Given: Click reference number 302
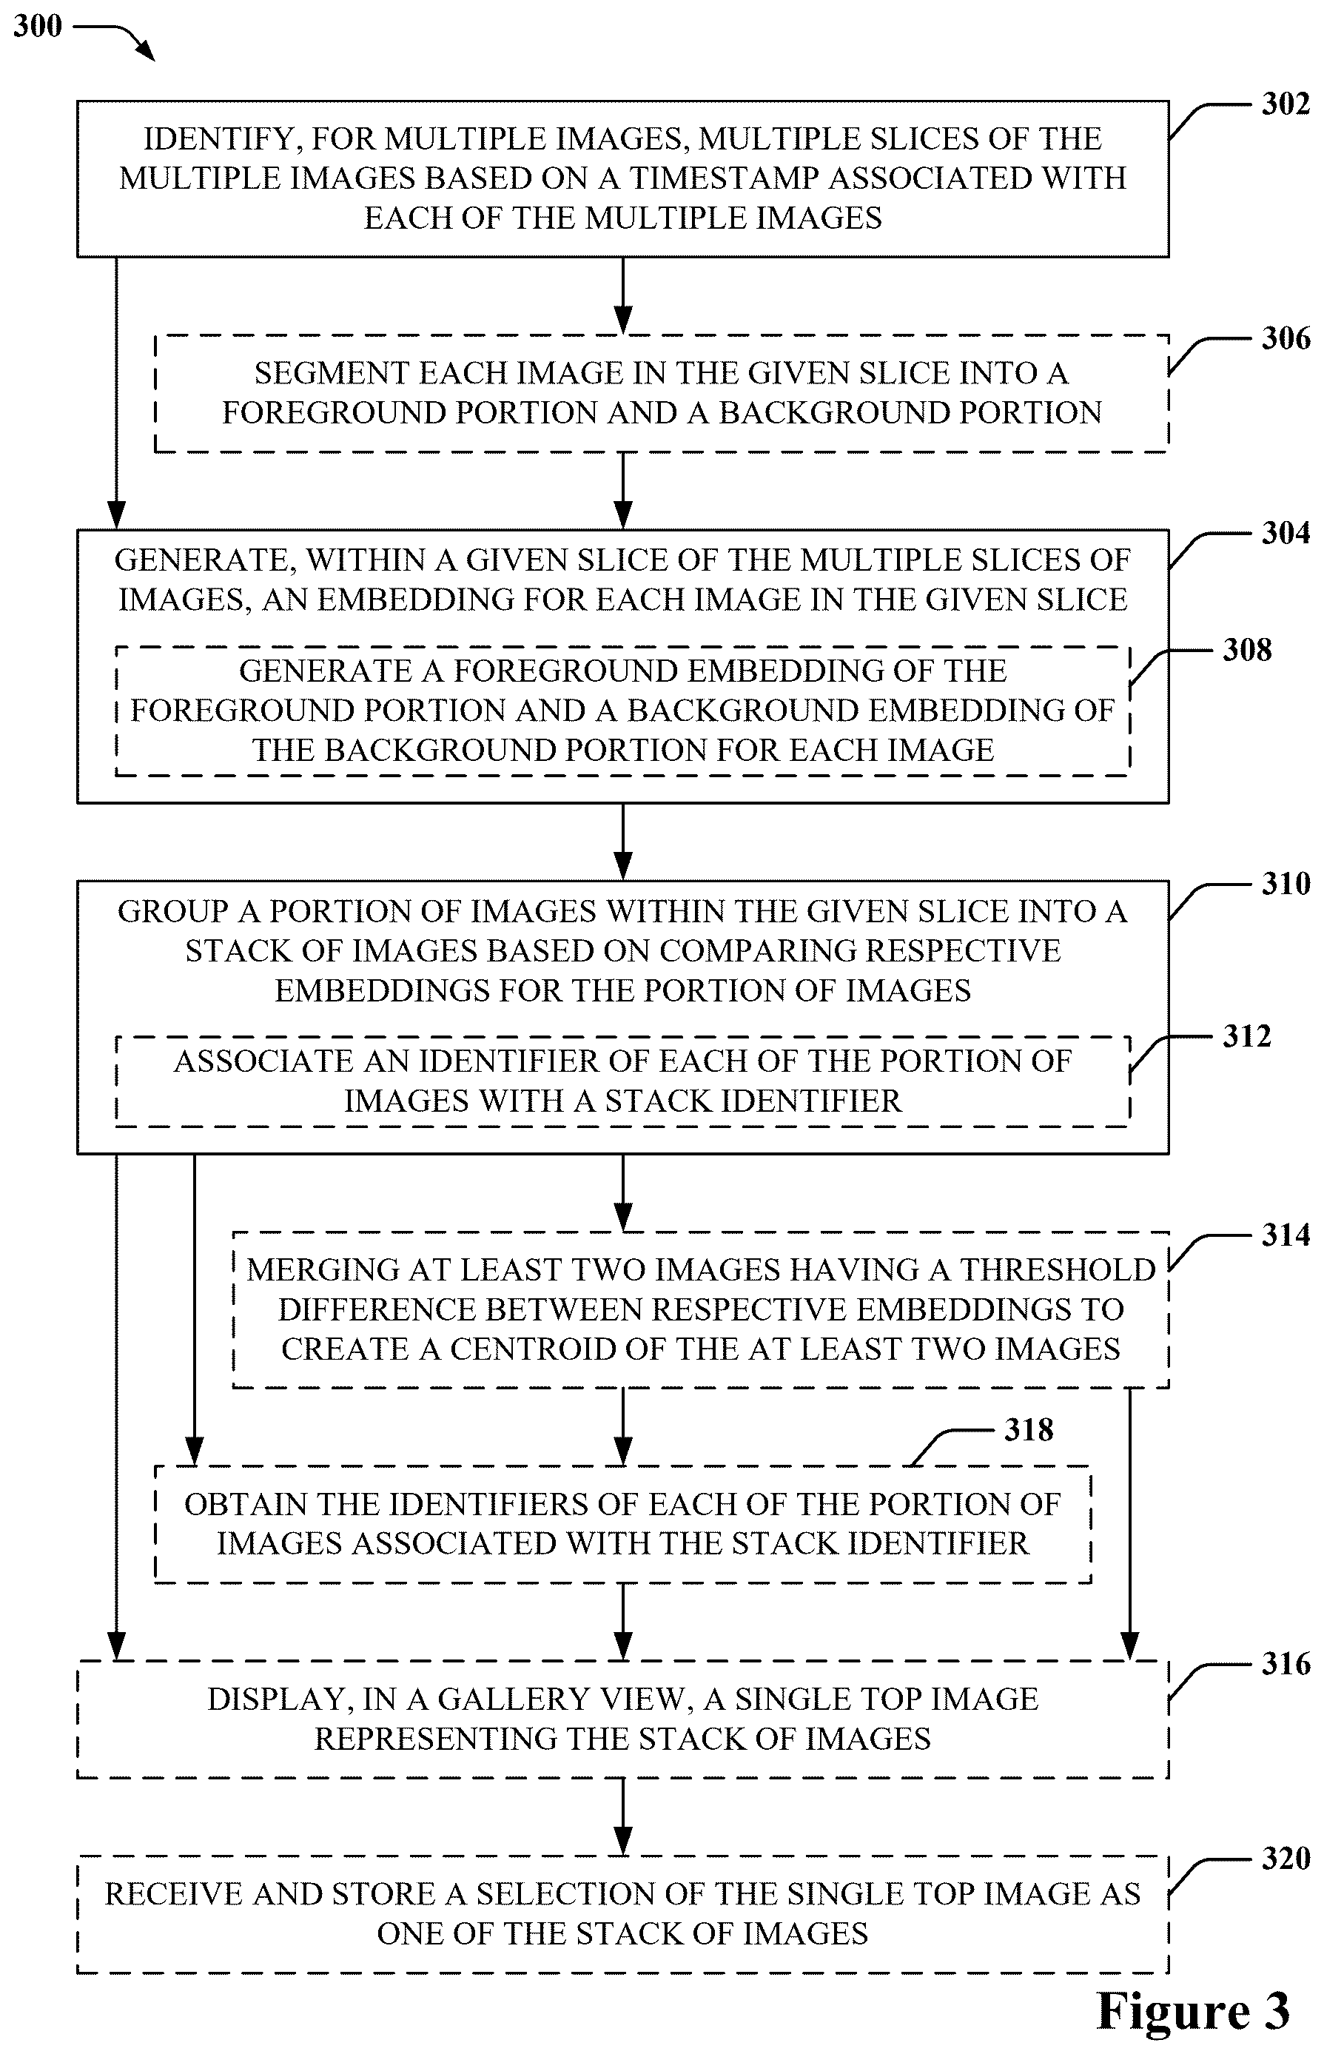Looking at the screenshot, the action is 1286,104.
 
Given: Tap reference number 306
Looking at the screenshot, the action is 1286,338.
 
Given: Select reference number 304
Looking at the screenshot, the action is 1286,533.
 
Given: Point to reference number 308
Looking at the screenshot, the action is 1246,650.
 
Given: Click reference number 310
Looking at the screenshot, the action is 1286,884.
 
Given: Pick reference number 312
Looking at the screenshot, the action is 1246,1036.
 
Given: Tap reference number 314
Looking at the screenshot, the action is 1286,1235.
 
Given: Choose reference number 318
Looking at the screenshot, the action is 1028,1430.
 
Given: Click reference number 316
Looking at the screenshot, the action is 1286,1665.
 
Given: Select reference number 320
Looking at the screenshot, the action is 1286,1859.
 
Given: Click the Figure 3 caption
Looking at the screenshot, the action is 1193,2011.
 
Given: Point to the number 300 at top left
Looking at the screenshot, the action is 38,26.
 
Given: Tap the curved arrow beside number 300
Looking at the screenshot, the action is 115,38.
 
